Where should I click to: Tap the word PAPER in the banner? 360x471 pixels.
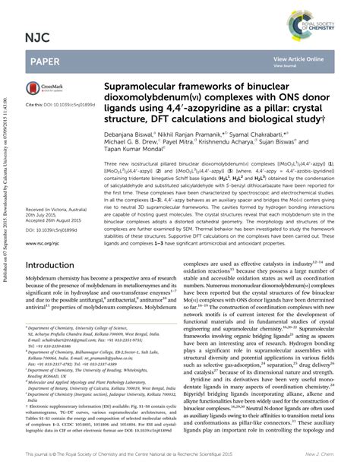point(46,60)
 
